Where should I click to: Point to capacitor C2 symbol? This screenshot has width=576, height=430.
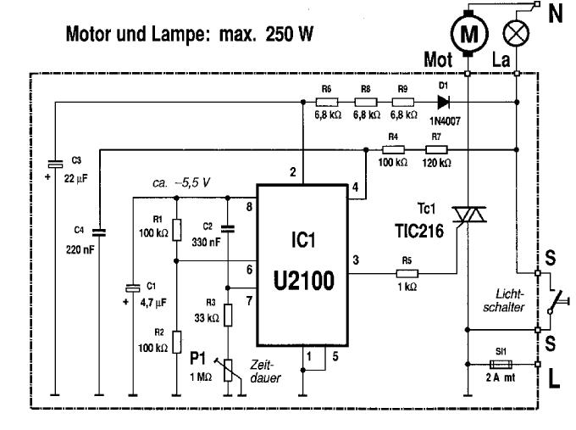(x=227, y=228)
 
